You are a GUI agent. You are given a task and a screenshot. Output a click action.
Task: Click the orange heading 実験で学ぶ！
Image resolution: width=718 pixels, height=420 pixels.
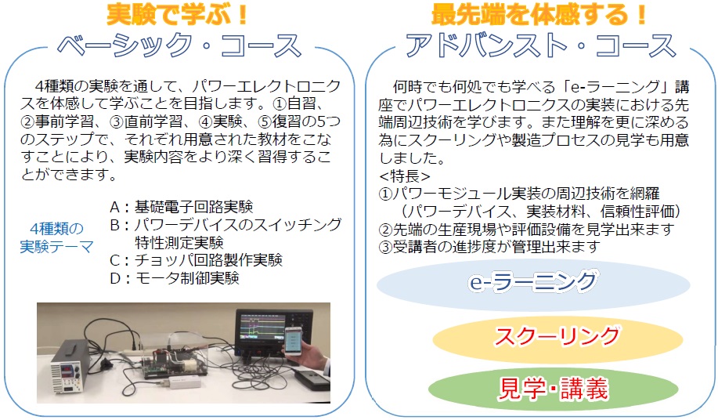click(177, 14)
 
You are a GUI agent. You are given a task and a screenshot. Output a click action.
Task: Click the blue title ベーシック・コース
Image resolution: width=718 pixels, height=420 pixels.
click(179, 45)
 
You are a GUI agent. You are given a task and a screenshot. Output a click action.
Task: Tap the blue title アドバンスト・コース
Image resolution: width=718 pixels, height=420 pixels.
click(541, 45)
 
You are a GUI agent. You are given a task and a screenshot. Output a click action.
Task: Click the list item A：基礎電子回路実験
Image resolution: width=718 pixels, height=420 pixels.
click(182, 207)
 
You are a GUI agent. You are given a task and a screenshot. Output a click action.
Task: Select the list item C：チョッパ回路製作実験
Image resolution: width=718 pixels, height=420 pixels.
click(196, 260)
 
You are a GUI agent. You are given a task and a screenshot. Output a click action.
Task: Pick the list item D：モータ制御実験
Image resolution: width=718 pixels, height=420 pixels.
click(175, 278)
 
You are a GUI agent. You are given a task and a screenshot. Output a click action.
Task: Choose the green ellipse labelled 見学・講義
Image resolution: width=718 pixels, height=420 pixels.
click(553, 389)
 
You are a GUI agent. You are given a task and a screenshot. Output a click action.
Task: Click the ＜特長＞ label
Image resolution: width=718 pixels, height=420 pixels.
click(405, 176)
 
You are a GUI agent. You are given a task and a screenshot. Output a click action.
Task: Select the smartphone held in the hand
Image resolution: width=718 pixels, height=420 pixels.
click(294, 342)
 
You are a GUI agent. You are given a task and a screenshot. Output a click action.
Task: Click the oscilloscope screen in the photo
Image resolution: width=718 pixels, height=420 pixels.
click(260, 329)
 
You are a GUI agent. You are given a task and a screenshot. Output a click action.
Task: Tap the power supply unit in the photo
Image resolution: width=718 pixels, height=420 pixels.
click(69, 367)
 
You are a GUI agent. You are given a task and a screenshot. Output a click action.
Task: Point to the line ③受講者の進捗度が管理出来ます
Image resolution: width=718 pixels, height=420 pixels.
click(489, 247)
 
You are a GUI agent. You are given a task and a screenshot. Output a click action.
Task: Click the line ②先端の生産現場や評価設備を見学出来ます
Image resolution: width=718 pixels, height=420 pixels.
click(527, 229)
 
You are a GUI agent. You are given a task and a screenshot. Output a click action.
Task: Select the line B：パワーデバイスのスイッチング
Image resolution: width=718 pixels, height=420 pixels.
click(226, 224)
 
